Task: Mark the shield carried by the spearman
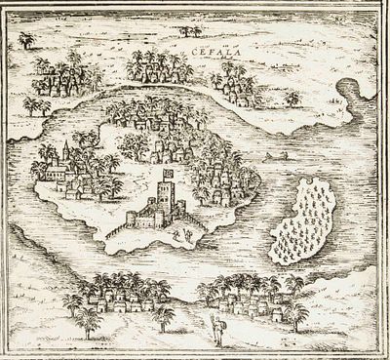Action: click(222, 327)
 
